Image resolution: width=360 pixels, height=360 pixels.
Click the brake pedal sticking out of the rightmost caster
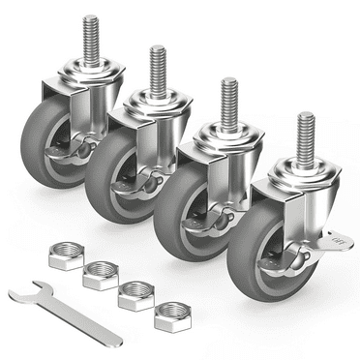339,233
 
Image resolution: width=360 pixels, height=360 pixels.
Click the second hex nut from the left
99,276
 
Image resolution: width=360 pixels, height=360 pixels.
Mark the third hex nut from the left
135,295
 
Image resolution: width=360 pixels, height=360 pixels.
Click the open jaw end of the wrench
20,294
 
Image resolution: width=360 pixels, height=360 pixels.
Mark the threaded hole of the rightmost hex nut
174,313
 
